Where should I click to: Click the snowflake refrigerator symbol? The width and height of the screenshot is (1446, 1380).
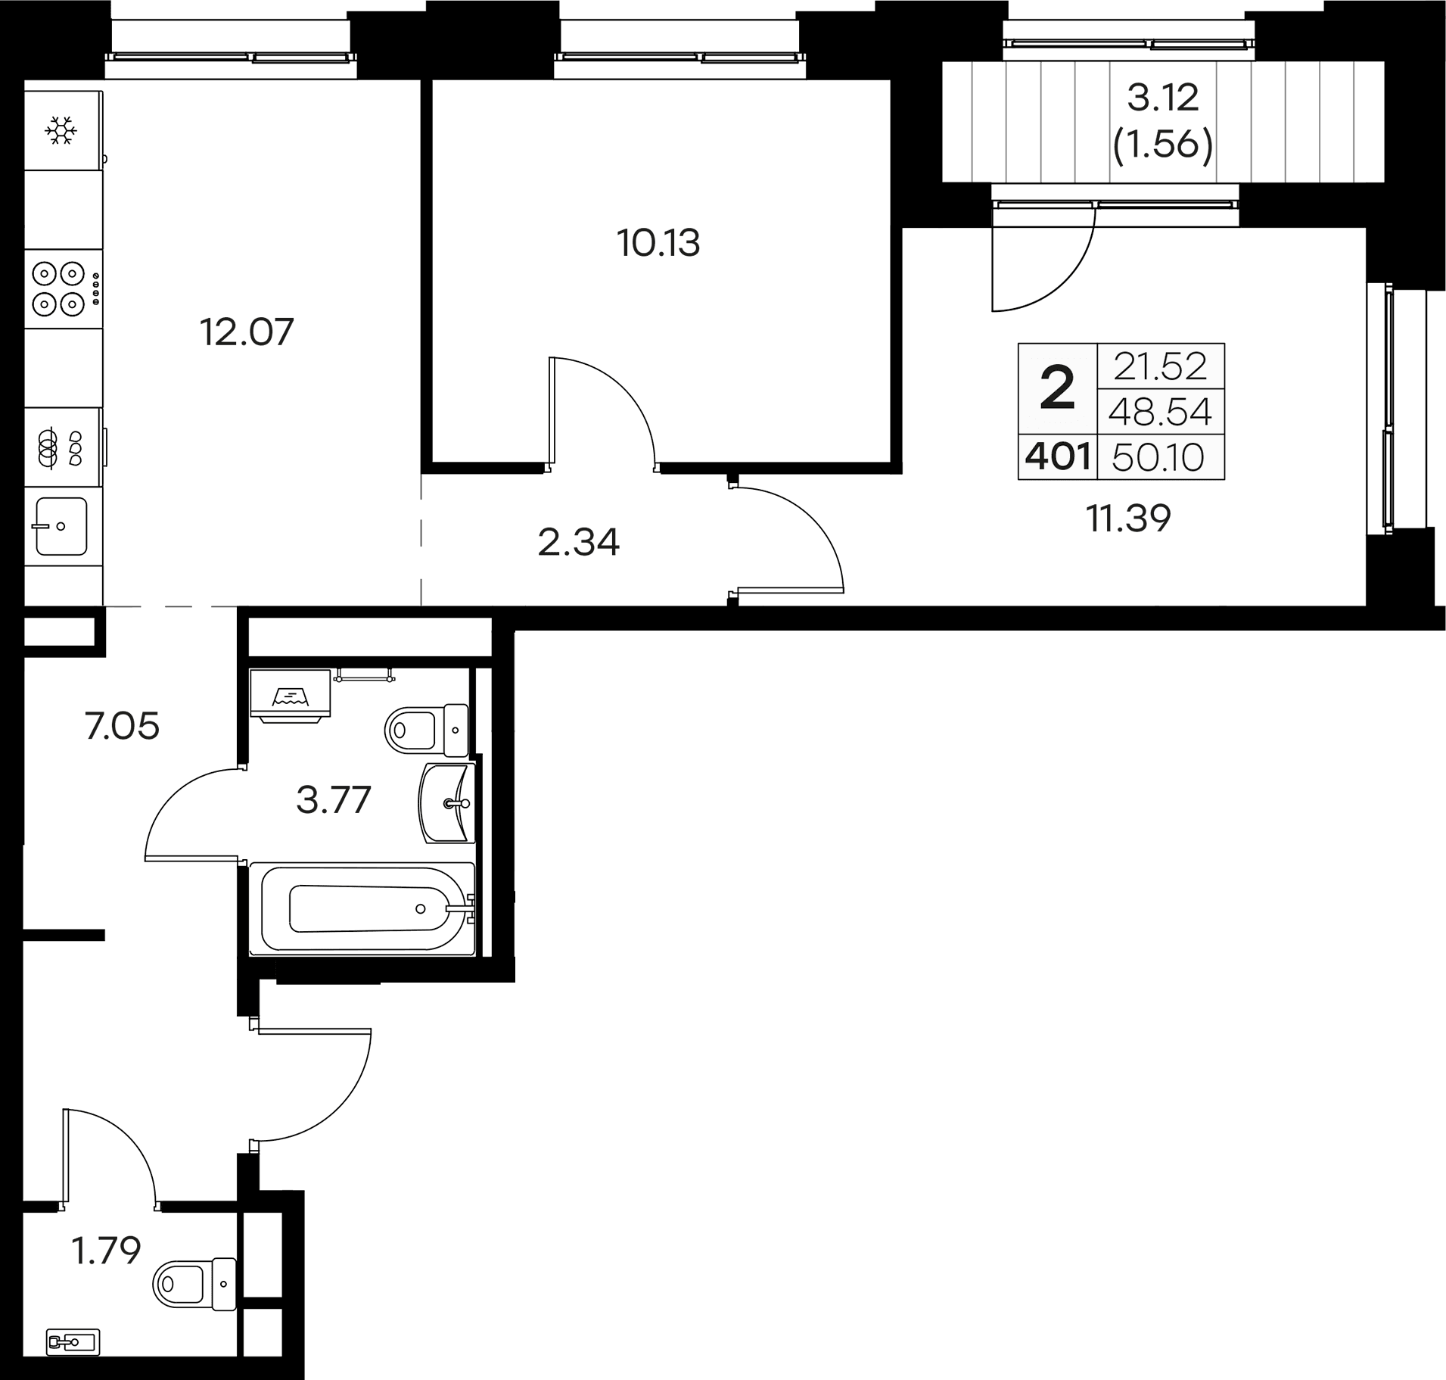click(x=61, y=130)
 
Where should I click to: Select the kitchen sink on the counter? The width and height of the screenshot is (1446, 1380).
click(x=61, y=525)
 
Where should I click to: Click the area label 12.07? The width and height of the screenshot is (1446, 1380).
click(x=246, y=332)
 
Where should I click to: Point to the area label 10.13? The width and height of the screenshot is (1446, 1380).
click(x=658, y=244)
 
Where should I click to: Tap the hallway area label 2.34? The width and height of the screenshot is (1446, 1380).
click(x=578, y=543)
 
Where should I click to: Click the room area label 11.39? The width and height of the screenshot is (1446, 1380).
click(x=1128, y=519)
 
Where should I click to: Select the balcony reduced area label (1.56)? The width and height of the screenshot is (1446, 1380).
click(x=1163, y=144)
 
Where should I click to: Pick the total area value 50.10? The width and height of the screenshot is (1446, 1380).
click(x=1159, y=457)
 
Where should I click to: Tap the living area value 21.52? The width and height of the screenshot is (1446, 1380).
click(x=1160, y=367)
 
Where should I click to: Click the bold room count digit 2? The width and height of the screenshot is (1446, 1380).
click(x=1057, y=389)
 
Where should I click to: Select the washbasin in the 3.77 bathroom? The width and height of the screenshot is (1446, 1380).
click(x=447, y=802)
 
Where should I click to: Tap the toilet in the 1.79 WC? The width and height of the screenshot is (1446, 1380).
click(x=193, y=1283)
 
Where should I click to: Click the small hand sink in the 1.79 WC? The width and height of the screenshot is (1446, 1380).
click(x=73, y=1341)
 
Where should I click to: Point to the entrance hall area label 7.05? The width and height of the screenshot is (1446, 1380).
click(x=122, y=727)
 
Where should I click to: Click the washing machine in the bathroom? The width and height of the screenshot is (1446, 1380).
click(x=291, y=696)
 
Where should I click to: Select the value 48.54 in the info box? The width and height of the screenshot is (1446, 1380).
click(x=1160, y=413)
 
